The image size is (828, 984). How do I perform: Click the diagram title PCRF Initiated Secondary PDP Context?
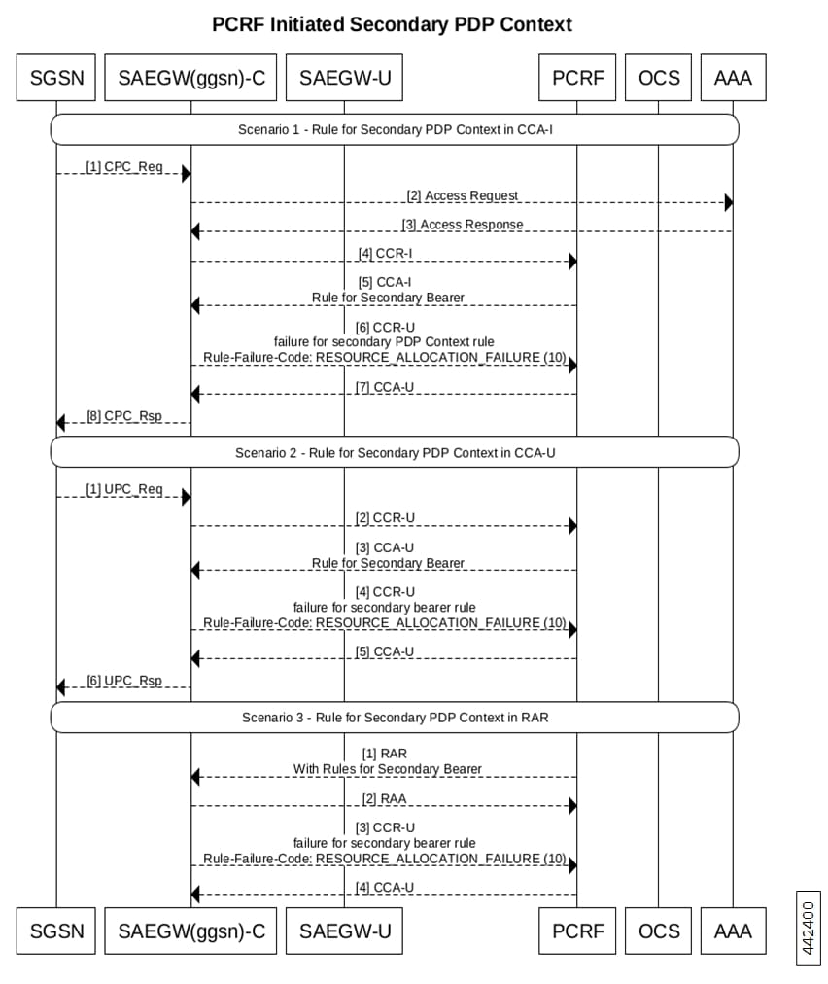392,24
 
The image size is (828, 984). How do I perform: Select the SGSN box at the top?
56,77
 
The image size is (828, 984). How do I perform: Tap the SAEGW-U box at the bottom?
344,931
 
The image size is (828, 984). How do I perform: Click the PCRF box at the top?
577,77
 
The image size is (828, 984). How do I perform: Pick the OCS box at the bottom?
659,931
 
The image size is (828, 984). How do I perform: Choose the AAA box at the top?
734,77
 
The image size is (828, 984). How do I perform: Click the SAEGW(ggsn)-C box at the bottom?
190,931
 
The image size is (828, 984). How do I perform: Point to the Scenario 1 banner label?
396,130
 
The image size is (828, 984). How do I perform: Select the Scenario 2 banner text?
396,453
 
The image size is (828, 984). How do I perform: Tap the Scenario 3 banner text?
396,718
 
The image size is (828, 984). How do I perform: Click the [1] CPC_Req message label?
124,167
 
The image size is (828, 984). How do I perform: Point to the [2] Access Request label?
463,195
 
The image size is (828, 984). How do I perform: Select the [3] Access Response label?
463,225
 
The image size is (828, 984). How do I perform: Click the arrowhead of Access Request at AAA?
729,202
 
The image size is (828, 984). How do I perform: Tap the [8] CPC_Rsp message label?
124,416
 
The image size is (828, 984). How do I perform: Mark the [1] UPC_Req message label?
124,489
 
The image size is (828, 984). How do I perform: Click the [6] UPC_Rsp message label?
124,681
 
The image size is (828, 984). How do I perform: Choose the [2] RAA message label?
385,799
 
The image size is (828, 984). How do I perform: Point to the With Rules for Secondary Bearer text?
388,769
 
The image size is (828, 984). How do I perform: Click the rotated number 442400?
809,929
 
